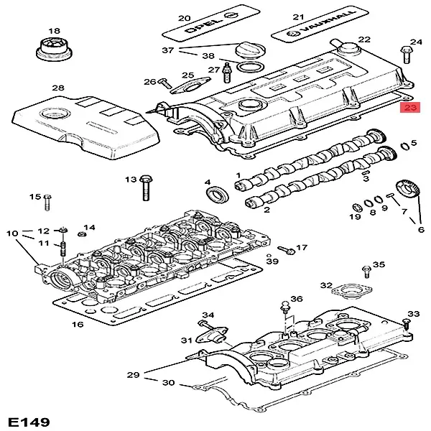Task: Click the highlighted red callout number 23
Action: (410, 108)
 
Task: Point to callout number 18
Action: (52, 30)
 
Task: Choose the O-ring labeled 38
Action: (248, 69)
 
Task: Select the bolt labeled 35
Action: (365, 270)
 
